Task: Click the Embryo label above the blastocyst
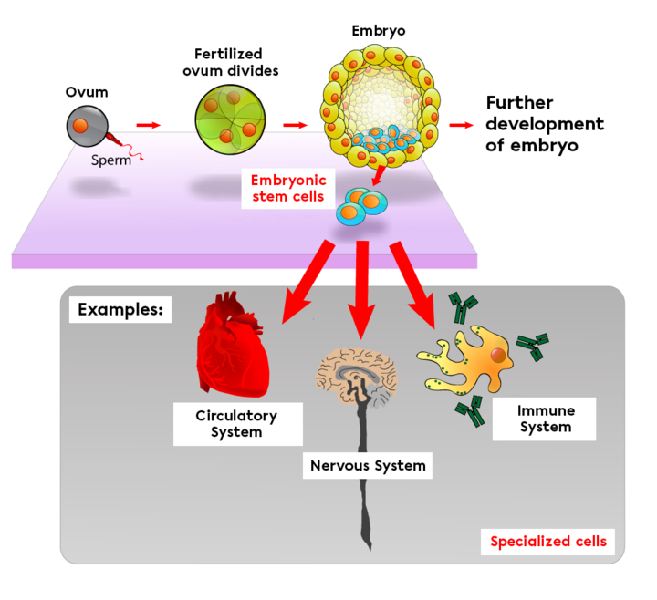[x=378, y=31]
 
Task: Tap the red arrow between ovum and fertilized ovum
[x=147, y=124]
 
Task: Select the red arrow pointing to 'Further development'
[x=462, y=125]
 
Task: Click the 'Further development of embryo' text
[x=544, y=124]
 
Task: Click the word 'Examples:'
[x=119, y=309]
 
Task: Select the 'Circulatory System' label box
[x=235, y=423]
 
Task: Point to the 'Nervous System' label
[x=367, y=466]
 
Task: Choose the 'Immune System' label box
[x=545, y=419]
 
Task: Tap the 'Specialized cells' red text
[x=547, y=541]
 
